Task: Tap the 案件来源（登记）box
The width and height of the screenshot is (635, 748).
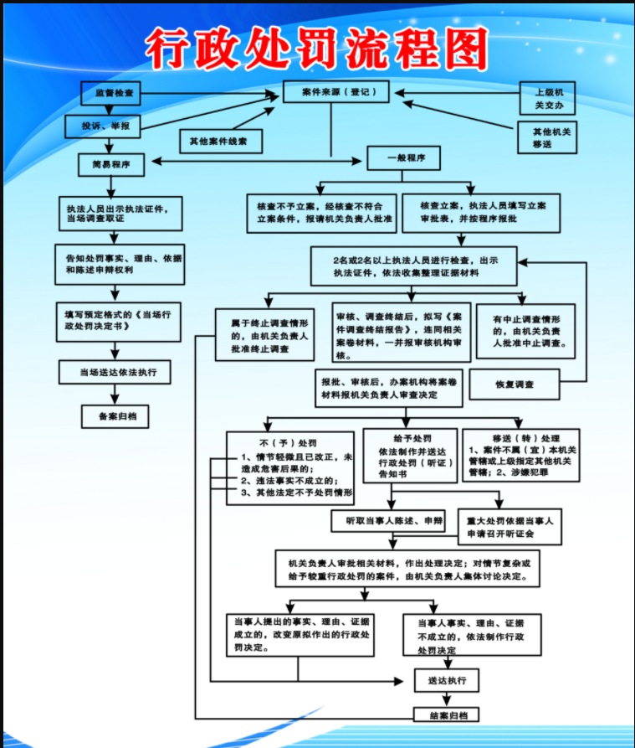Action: point(335,91)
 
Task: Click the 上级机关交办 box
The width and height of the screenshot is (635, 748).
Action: point(548,98)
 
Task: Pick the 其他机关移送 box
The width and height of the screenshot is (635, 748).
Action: point(548,138)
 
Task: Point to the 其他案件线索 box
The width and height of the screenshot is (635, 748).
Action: point(220,142)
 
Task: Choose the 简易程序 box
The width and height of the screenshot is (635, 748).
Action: point(111,165)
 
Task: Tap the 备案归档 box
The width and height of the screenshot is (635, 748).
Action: point(115,415)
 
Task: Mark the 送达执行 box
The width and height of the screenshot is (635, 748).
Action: point(448,679)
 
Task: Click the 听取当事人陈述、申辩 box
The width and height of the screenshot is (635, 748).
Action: point(388,521)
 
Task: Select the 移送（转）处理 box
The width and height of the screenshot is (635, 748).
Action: point(520,455)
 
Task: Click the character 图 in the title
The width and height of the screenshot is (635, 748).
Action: point(458,51)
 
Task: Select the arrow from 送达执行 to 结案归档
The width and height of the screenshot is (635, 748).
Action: point(448,699)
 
